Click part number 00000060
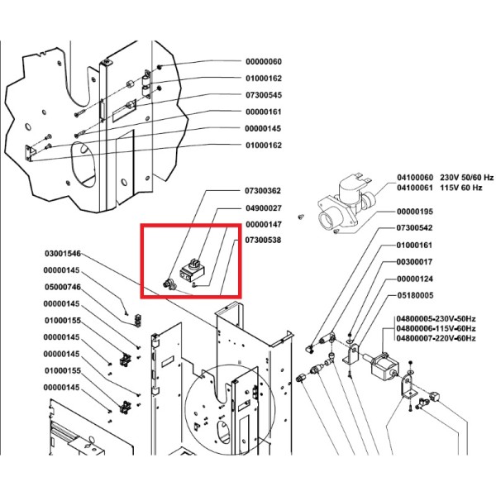click(264, 62)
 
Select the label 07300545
click(264, 95)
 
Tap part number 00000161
click(264, 112)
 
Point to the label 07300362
click(263, 191)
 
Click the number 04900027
click(264, 208)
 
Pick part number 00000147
click(264, 225)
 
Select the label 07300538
click(263, 241)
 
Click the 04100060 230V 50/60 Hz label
click(445, 178)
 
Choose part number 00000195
click(415, 212)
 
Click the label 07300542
click(414, 228)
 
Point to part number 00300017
click(414, 262)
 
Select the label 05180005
click(415, 295)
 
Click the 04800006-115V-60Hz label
click(436, 329)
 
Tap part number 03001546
click(63, 254)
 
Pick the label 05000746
click(63, 287)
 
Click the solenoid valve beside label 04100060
click(346, 203)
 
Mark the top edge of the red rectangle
click(191, 225)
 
